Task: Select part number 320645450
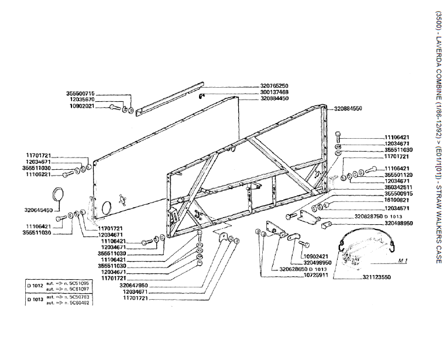[39, 210]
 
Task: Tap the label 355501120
[399, 175]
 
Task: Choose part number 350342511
[399, 187]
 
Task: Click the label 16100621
[399, 200]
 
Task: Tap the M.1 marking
[402, 259]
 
